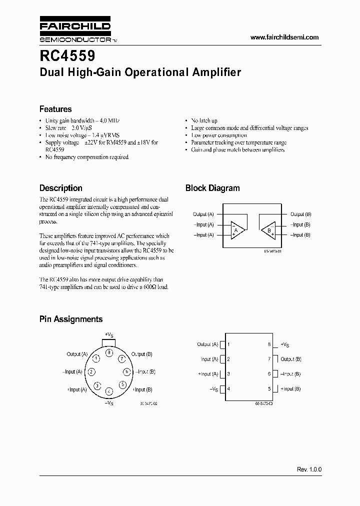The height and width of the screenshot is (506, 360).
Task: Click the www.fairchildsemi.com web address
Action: [283, 37]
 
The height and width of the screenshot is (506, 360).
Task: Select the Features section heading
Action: [55, 109]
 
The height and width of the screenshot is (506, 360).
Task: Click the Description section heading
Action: [61, 188]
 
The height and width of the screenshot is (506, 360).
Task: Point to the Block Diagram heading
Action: [212, 188]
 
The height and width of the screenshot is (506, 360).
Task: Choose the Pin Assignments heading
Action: [71, 319]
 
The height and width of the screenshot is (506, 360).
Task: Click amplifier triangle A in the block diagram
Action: [237, 230]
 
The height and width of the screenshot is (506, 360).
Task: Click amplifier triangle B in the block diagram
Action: [268, 230]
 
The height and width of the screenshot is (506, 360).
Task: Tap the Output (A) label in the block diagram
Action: [203, 214]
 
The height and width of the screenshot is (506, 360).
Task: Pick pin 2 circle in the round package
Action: [91, 372]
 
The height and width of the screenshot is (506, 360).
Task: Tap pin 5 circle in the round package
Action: [122, 384]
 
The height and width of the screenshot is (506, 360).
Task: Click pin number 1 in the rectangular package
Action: [228, 344]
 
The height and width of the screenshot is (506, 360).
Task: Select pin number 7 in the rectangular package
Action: [269, 359]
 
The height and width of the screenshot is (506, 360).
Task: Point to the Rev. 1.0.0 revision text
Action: [309, 469]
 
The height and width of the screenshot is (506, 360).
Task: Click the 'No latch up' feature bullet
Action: [204, 121]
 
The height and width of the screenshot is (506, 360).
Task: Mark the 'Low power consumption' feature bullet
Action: [219, 135]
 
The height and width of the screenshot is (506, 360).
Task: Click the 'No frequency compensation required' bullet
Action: [86, 157]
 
